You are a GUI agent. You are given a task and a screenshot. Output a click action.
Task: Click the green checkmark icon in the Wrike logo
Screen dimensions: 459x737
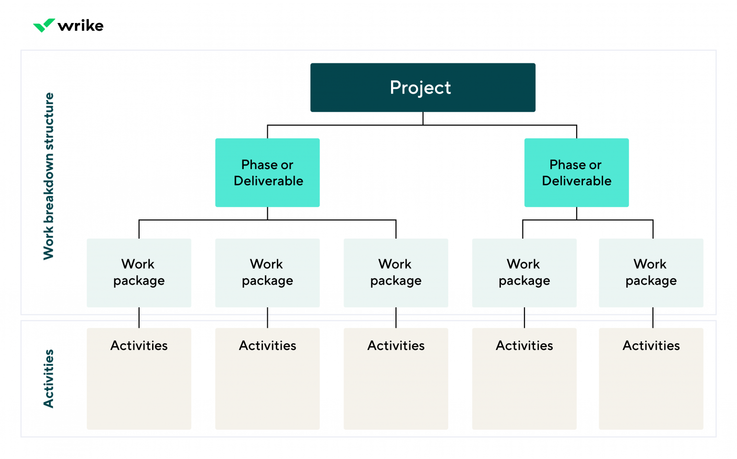(44, 25)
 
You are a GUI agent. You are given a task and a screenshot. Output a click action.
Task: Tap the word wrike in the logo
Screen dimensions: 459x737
(81, 25)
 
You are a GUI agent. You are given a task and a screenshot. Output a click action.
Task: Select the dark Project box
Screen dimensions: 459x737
(422, 87)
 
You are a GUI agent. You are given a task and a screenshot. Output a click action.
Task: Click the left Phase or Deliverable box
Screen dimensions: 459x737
(267, 173)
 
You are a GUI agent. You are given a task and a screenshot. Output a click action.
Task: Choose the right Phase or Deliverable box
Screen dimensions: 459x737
(576, 173)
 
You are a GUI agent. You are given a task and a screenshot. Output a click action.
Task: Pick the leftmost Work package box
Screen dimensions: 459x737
(139, 273)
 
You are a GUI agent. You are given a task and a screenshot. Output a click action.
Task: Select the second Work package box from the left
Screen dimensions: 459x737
(267, 273)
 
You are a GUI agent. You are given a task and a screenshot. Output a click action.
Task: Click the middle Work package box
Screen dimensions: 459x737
(396, 273)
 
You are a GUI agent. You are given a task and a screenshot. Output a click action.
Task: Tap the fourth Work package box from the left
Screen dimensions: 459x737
(524, 273)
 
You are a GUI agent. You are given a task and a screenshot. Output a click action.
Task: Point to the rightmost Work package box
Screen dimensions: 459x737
(651, 273)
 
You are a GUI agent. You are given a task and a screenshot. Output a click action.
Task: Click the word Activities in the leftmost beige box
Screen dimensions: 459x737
(139, 346)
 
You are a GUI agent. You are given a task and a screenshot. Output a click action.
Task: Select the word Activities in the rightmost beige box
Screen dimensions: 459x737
(651, 346)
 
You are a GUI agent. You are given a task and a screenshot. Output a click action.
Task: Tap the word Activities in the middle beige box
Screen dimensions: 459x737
(396, 346)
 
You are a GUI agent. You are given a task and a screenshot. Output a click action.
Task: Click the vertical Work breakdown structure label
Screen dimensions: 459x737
(48, 176)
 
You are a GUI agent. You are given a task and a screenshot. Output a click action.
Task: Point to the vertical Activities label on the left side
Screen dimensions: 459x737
(48, 378)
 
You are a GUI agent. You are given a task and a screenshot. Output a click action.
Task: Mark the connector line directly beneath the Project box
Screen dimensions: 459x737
(423, 119)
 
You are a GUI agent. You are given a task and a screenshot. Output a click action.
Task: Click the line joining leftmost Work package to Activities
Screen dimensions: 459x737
(139, 318)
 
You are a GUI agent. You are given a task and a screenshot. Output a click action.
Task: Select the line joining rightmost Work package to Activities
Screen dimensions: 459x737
(653, 318)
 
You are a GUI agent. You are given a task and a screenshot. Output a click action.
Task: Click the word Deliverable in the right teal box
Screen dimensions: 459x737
(576, 181)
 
